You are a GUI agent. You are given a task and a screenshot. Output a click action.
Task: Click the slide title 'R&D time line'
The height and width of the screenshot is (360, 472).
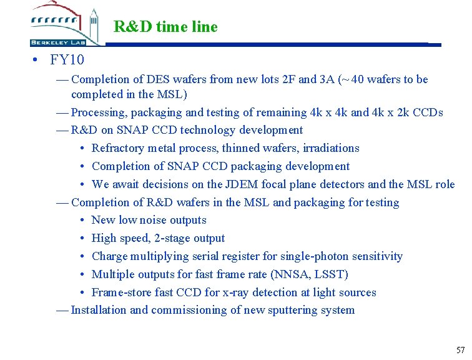(x=165, y=27)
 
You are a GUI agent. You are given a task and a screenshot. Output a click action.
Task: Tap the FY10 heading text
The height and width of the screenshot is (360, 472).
(x=68, y=61)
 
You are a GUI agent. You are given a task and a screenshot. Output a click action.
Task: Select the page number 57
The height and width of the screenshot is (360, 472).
(x=461, y=350)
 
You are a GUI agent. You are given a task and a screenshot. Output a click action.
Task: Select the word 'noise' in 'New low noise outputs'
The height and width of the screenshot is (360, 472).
(x=153, y=220)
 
